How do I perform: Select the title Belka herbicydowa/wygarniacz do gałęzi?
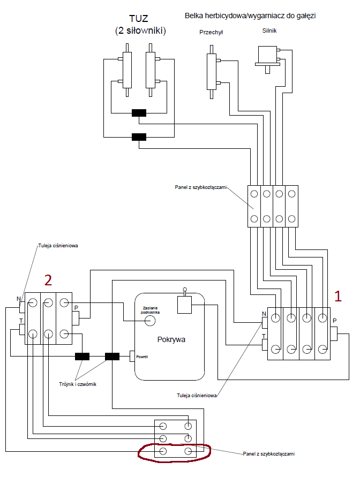[x=250, y=16]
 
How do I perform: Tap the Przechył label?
[x=211, y=32]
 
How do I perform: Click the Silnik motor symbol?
[x=267, y=56]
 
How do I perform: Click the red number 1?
[x=337, y=296]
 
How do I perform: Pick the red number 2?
[x=48, y=280]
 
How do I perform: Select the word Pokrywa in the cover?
[x=171, y=339]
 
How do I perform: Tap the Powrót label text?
[x=142, y=356]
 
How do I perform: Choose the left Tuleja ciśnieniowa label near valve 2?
[x=58, y=247]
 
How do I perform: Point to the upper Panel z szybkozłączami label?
[x=201, y=187]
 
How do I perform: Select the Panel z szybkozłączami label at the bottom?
[x=268, y=453]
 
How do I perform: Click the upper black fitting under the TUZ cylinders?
[x=139, y=113]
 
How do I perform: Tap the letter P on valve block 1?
[x=334, y=321]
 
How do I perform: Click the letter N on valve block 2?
[x=19, y=299]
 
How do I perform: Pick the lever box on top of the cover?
[x=184, y=305]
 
